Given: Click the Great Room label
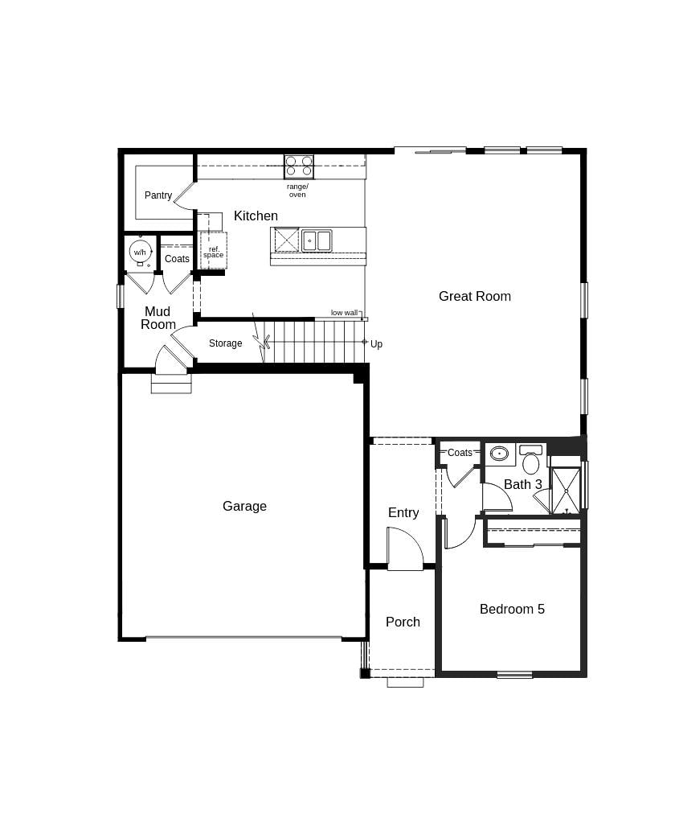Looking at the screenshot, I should tap(474, 296).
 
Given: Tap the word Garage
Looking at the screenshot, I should tap(244, 506).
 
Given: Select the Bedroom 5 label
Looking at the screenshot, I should tap(512, 609).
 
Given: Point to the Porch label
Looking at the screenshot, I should tap(403, 622).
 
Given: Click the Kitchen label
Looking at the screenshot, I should tap(256, 216).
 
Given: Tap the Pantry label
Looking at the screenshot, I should tap(158, 195).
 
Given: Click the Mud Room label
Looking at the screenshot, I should tap(157, 318).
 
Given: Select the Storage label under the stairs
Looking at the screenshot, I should tap(225, 343).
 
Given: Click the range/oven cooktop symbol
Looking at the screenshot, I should tap(299, 166).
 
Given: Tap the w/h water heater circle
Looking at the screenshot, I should tap(140, 252).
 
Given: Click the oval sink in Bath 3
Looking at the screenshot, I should tap(499, 454).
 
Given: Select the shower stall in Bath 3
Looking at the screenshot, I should tap(566, 491).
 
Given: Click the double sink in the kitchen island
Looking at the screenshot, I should tap(317, 240).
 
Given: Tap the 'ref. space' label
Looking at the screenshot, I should tap(214, 253).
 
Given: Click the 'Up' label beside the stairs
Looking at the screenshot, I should tap(376, 344).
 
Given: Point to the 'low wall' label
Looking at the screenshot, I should tap(344, 313).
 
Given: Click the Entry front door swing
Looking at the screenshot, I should tap(404, 549).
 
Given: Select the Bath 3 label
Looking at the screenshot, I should tap(522, 484).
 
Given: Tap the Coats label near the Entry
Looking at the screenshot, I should tap(460, 453).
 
